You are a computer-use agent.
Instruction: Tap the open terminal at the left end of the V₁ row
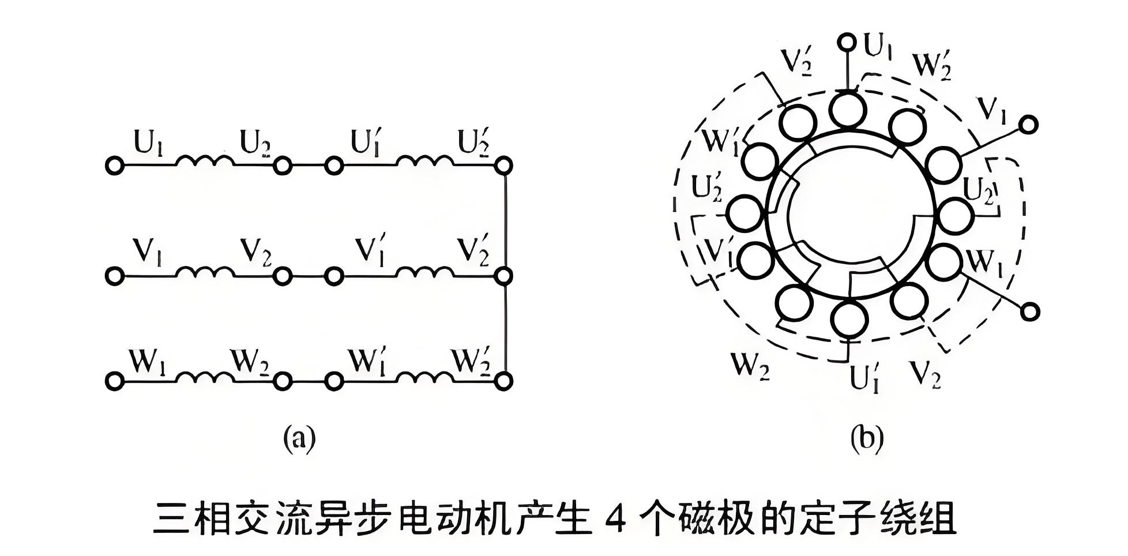(x=114, y=276)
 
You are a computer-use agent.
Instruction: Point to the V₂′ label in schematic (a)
(x=473, y=251)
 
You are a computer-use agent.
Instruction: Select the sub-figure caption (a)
(x=299, y=438)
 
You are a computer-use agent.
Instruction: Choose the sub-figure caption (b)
(x=867, y=438)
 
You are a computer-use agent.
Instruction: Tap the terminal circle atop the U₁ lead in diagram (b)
(x=847, y=42)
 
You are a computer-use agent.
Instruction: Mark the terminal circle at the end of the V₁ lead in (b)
(x=1028, y=125)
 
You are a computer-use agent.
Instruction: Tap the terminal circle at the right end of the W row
(x=503, y=381)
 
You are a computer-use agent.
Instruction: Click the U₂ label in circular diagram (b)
(x=979, y=190)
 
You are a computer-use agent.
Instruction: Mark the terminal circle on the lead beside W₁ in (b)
(x=1029, y=312)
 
